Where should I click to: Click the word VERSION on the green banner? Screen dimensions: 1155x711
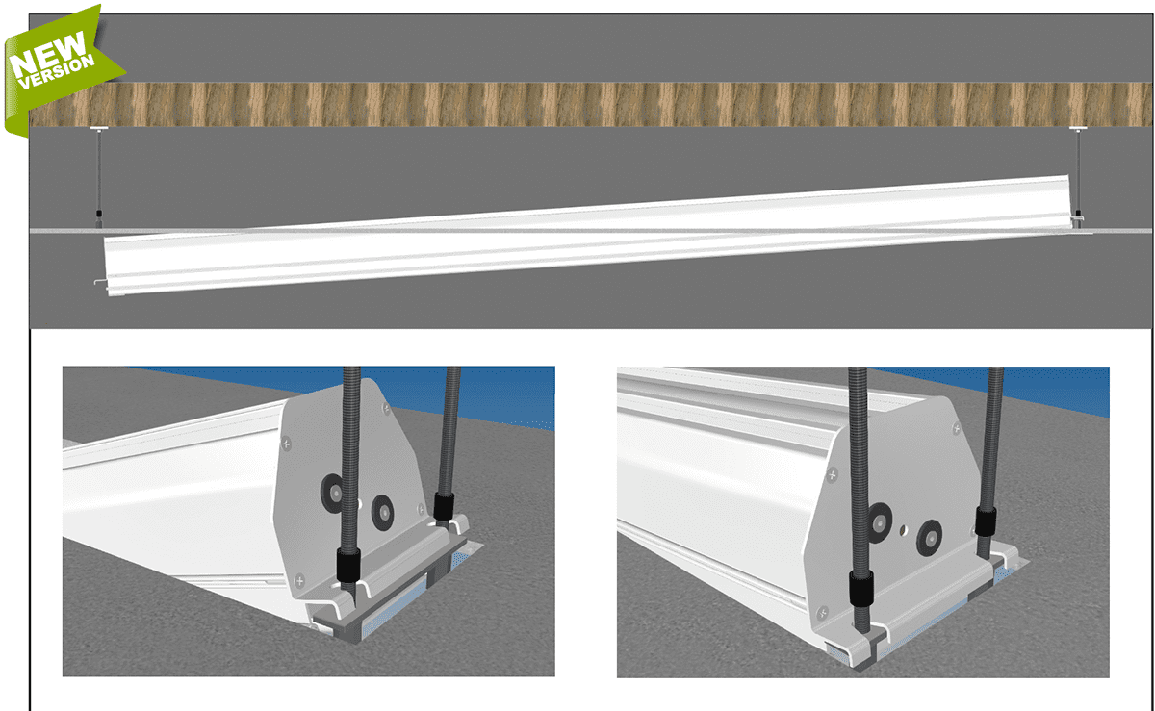57,72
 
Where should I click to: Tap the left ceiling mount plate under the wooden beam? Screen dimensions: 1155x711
98,128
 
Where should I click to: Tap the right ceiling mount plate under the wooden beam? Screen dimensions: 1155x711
1078,128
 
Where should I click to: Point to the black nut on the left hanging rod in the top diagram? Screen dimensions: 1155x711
99,214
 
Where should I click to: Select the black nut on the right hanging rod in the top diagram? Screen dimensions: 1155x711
1078,214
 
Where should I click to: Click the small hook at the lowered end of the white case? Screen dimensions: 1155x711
100,282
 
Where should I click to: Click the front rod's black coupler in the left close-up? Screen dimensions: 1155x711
348,566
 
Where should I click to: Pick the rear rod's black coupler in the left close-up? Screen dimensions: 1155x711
444,506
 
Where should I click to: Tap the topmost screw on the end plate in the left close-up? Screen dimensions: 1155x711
386,410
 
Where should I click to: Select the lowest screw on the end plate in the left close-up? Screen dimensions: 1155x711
299,580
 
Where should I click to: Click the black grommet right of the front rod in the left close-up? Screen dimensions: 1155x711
383,513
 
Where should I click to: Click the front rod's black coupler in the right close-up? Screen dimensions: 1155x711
861,588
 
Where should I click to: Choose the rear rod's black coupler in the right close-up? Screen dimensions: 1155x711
986,521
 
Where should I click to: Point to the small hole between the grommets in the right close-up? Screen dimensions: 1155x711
904,529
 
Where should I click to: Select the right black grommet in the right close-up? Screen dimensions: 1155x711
929,538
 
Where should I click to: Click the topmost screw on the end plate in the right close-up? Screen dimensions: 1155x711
957,428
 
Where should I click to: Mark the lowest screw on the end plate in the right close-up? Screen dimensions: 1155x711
823,613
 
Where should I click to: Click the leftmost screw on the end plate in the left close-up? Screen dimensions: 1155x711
286,444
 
